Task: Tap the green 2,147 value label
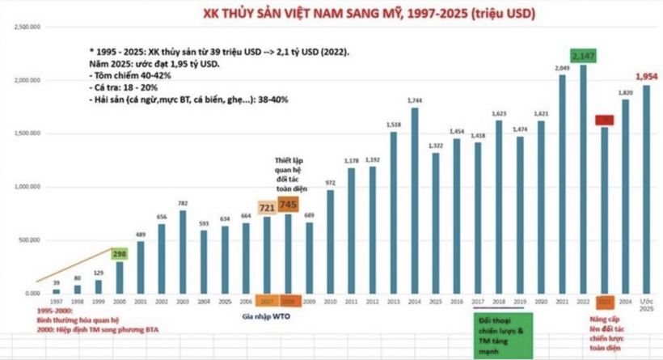pyautogui.click(x=583, y=56)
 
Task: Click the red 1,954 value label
pyautogui.click(x=646, y=76)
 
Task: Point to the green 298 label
pyautogui.click(x=120, y=254)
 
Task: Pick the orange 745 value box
pyautogui.click(x=288, y=205)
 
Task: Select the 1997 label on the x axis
pyautogui.click(x=56, y=301)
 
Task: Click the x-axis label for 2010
pyautogui.click(x=330, y=301)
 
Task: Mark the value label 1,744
pyautogui.click(x=415, y=100)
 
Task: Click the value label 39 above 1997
pyautogui.click(x=56, y=282)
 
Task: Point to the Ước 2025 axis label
pyautogui.click(x=646, y=305)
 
